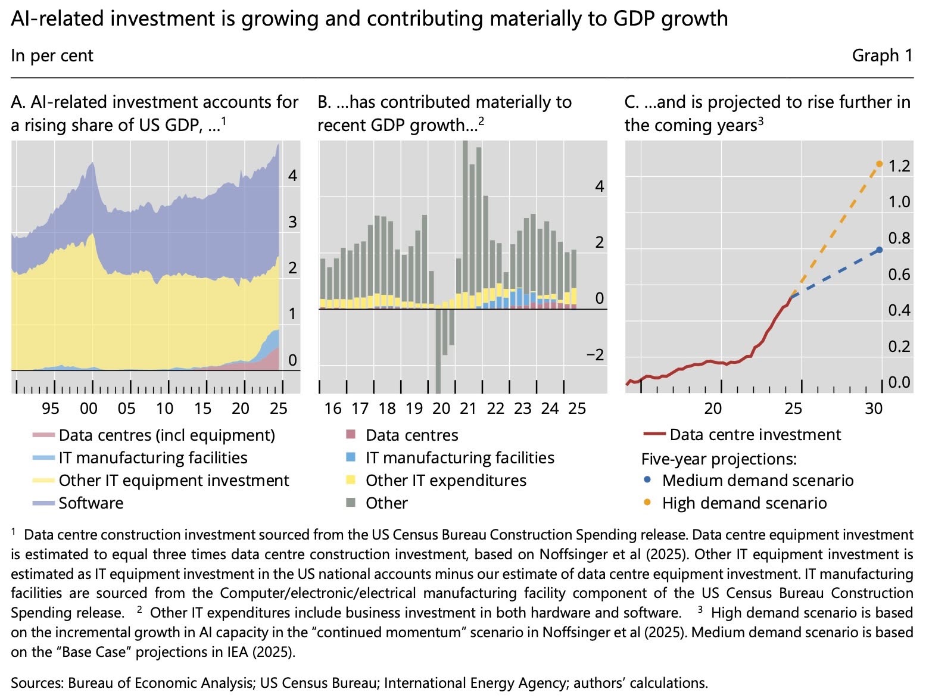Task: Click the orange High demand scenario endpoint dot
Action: tap(879, 163)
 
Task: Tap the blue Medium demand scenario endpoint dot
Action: tap(879, 250)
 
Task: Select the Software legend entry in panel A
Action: tap(91, 503)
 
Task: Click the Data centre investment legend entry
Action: tap(755, 435)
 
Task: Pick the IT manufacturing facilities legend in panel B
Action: tap(459, 457)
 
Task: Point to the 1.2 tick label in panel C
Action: tap(899, 166)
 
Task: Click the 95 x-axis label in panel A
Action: tap(51, 409)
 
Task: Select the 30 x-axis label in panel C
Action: tap(874, 409)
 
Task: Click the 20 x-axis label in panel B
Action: tap(441, 409)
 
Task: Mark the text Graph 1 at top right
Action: tap(882, 55)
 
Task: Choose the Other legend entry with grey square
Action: tap(386, 503)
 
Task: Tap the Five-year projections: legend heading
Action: tap(719, 459)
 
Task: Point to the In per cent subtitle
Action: tap(52, 55)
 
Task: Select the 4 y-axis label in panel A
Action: tap(292, 175)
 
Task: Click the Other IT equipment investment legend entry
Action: tap(173, 480)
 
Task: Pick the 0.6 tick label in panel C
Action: tap(899, 274)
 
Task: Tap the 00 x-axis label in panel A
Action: tap(89, 409)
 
